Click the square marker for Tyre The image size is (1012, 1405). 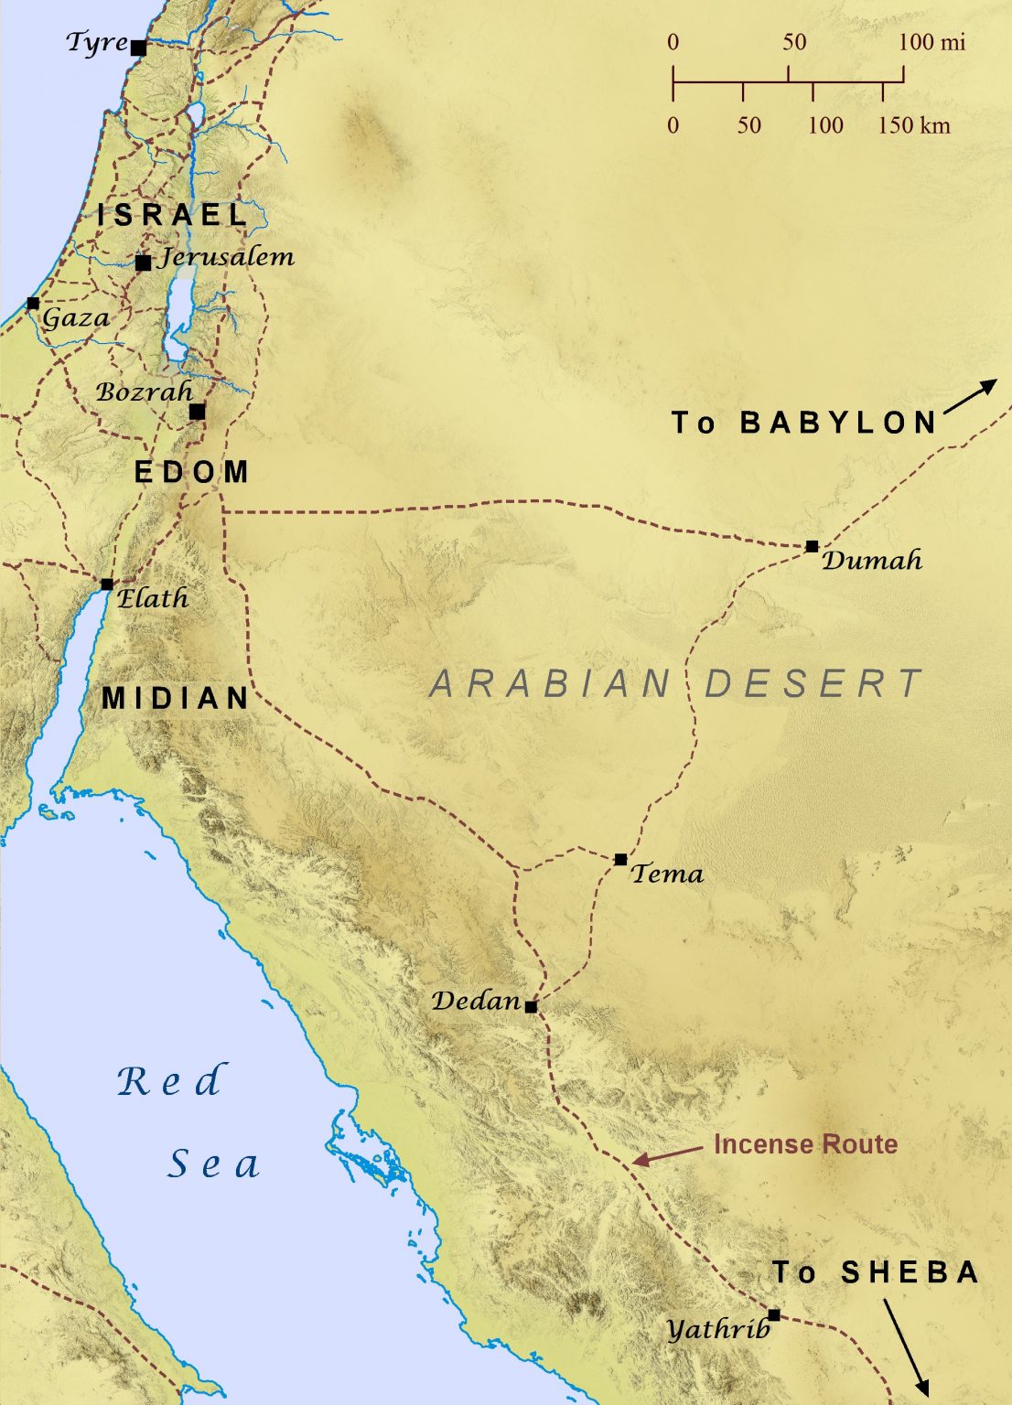click(138, 48)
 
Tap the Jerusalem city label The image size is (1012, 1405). click(227, 257)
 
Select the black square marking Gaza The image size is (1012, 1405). click(33, 303)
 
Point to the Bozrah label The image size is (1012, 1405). click(144, 391)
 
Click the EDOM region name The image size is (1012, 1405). click(191, 472)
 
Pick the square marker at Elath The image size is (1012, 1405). click(107, 584)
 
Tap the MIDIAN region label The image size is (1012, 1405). click(176, 698)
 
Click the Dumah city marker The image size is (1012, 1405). click(812, 546)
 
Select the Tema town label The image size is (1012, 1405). click(667, 874)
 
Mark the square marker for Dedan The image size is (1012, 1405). click(531, 1006)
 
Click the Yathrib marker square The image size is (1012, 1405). click(774, 1314)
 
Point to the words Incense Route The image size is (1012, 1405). click(805, 1144)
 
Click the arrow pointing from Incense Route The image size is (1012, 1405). click(667, 1154)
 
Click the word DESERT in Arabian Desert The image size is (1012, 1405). click(813, 684)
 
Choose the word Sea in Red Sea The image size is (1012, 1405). click(214, 1164)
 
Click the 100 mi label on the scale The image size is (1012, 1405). click(931, 42)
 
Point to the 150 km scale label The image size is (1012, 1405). click(913, 125)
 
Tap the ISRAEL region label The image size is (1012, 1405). click(173, 215)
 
